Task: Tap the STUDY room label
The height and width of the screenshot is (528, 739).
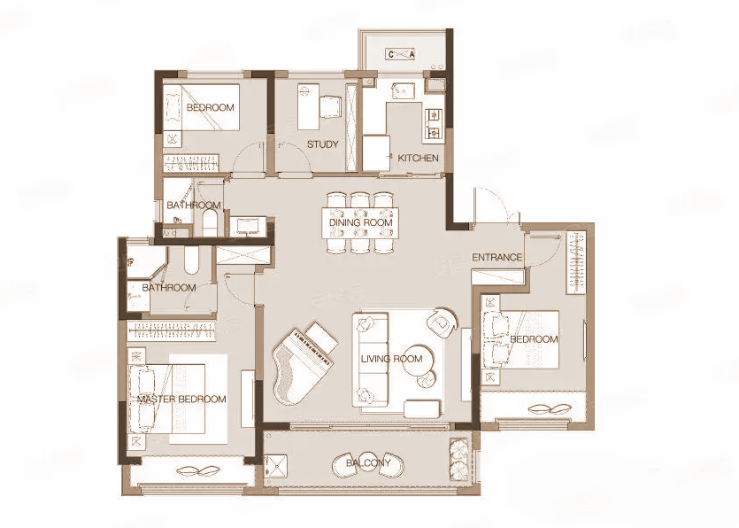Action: coord(323,144)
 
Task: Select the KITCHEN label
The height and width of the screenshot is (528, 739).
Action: coord(418,158)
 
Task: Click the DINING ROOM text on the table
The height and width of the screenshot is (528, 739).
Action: coord(360,222)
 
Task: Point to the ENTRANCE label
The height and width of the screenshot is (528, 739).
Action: coord(497,257)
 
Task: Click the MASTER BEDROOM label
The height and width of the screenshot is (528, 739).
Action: coord(182,400)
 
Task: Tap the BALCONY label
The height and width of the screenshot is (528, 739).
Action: coord(368,462)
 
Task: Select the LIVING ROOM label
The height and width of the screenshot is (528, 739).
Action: coord(392,359)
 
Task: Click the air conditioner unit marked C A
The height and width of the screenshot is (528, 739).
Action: coord(401,54)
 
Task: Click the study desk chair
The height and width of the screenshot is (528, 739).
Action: coord(330,106)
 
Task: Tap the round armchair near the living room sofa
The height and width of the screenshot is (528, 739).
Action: coord(443,322)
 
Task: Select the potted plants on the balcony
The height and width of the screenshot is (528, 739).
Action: coord(458,457)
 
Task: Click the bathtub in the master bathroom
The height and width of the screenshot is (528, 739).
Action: coord(190,260)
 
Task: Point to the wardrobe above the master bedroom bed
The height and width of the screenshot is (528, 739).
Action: coord(172,330)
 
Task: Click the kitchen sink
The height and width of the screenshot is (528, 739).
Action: coord(403,89)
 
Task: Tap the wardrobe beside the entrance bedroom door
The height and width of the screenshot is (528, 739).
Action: coord(576,262)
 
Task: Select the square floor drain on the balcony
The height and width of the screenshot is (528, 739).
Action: coord(276,466)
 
